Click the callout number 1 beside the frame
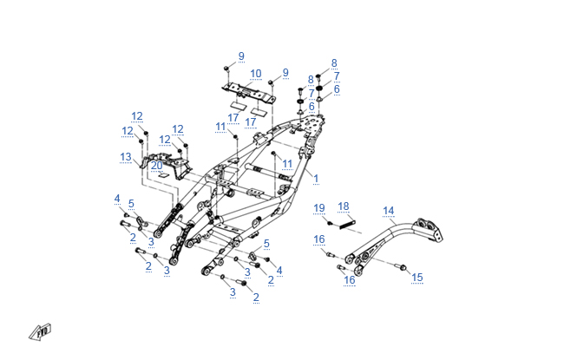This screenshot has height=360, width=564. coord(316,178)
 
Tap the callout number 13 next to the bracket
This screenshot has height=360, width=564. coord(126,157)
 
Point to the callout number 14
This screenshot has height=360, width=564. coord(388,210)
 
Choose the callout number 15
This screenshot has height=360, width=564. coord(417,277)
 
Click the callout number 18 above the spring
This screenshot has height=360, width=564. coord(344,206)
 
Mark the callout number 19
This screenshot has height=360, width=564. coord(319,207)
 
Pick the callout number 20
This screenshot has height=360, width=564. coord(156,165)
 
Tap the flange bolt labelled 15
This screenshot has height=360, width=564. coord(401,266)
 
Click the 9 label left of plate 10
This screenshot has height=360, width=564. coord(241,56)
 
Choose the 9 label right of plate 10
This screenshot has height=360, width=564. coord(285,72)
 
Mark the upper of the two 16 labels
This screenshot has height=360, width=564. coord(319,239)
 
